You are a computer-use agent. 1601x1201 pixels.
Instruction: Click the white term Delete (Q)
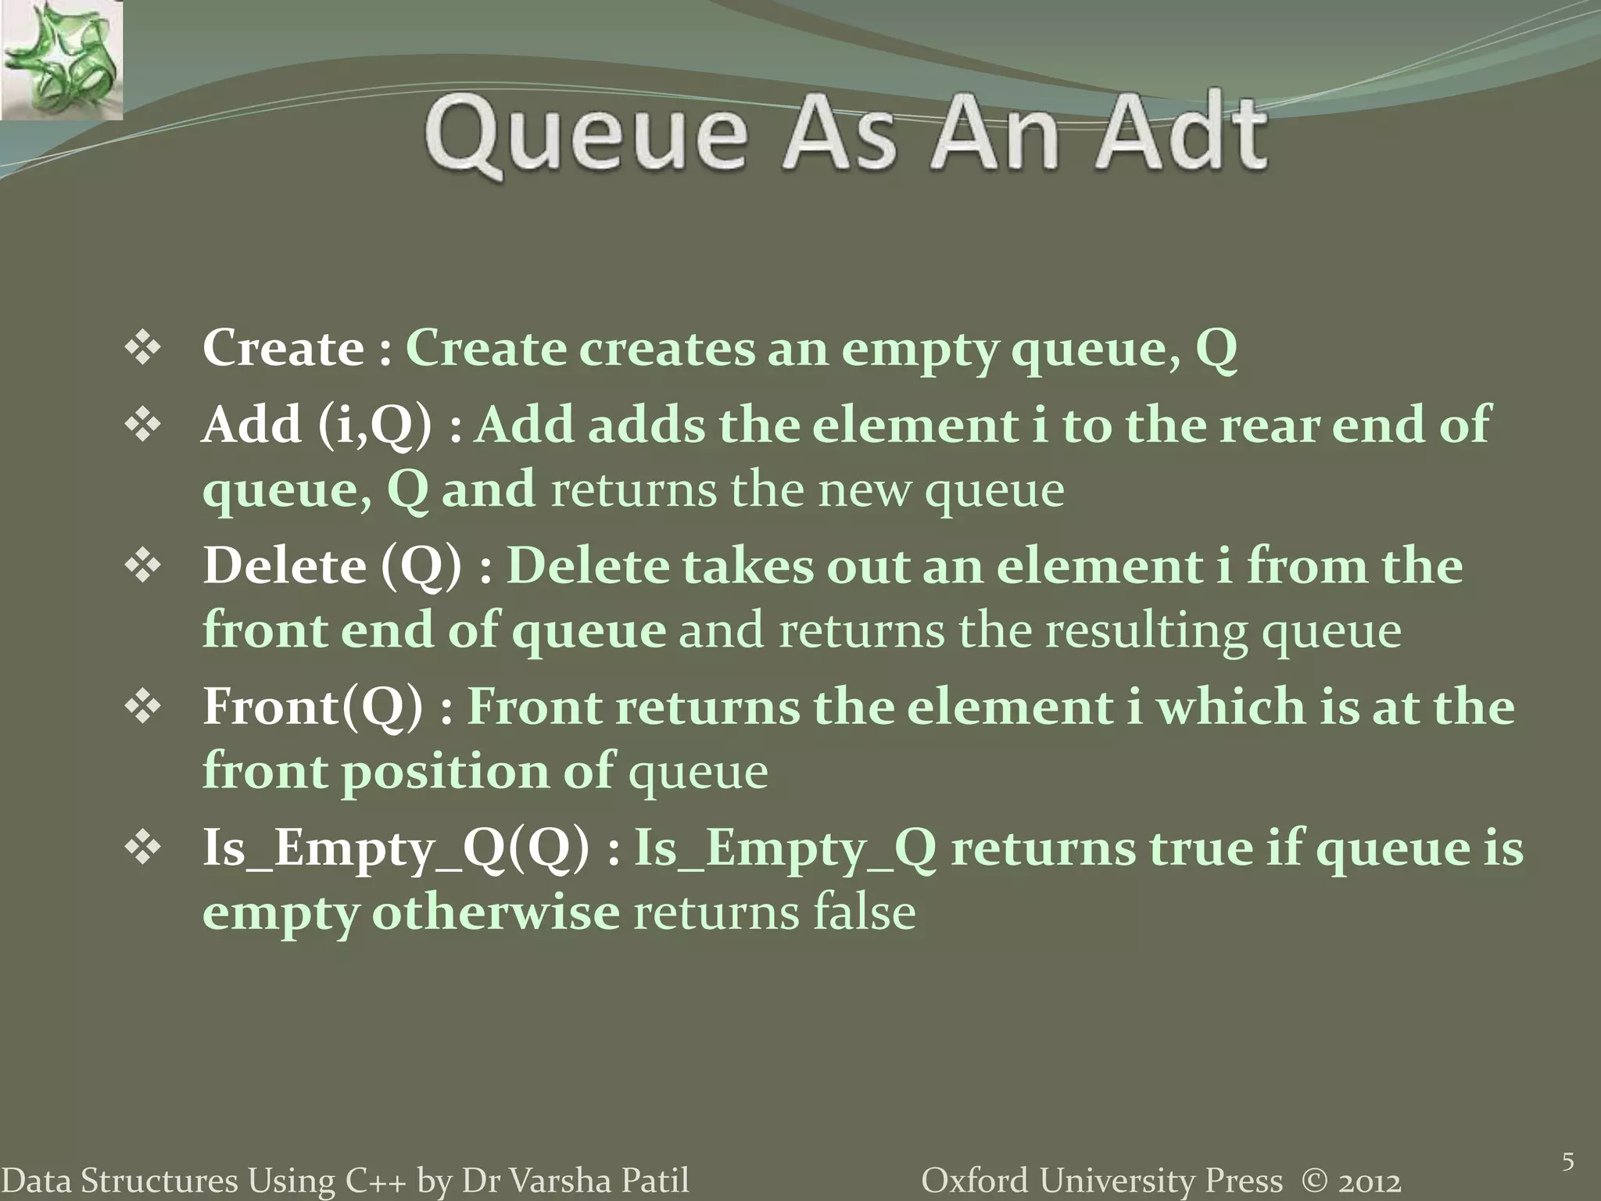(x=331, y=566)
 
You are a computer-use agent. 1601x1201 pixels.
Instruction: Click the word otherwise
(x=495, y=912)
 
